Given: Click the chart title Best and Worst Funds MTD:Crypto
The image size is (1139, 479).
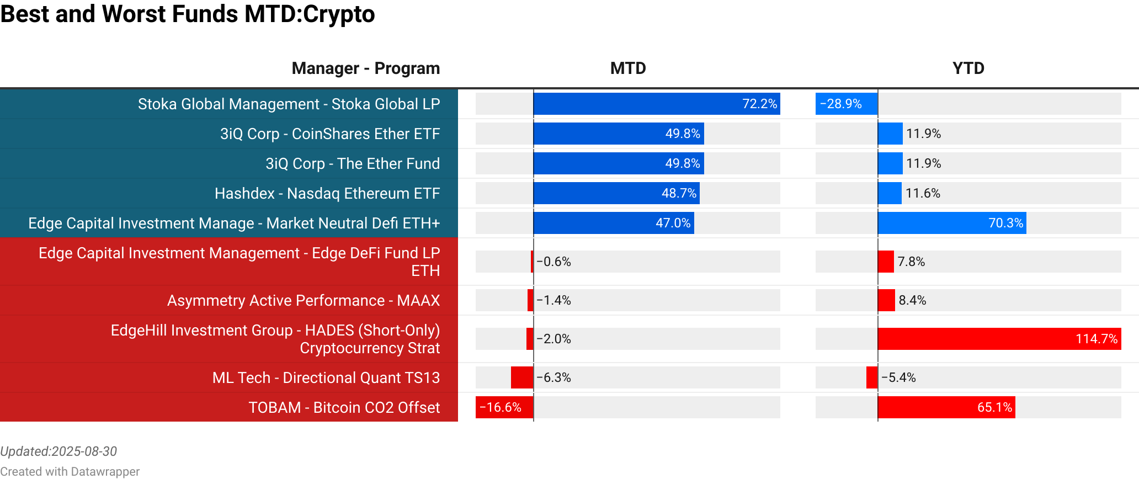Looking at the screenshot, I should click(x=188, y=14).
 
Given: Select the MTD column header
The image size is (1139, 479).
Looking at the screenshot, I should click(x=627, y=68).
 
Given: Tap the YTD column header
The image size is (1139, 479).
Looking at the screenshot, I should click(x=968, y=68).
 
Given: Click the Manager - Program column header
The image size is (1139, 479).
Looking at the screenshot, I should click(x=365, y=68).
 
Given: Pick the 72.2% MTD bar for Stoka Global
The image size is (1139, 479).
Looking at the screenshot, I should click(x=656, y=104).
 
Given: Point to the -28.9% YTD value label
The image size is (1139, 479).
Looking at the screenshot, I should click(x=840, y=104).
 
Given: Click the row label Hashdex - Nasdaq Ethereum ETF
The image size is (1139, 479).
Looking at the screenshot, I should click(x=327, y=193).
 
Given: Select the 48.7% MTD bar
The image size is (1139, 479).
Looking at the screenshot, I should click(x=616, y=193).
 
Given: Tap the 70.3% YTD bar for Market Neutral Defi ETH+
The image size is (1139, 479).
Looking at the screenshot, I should click(x=951, y=223).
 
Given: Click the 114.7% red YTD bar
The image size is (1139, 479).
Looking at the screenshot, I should click(x=999, y=339).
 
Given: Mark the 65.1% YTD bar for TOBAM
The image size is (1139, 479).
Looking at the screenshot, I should click(x=946, y=407).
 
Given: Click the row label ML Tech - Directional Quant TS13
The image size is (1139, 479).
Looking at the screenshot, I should click(x=326, y=377).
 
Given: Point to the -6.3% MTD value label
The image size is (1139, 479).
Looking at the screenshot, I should click(x=553, y=377).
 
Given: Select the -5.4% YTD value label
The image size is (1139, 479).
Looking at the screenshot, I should click(x=898, y=377).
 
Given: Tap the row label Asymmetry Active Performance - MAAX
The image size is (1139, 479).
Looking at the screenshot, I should click(x=303, y=300).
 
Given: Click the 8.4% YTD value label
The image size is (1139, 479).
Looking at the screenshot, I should click(x=912, y=300).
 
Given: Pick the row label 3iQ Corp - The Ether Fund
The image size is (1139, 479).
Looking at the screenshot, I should click(x=352, y=163).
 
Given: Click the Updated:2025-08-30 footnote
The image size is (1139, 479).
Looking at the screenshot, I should click(x=58, y=451).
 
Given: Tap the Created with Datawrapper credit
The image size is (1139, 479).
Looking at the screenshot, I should click(x=70, y=471).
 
